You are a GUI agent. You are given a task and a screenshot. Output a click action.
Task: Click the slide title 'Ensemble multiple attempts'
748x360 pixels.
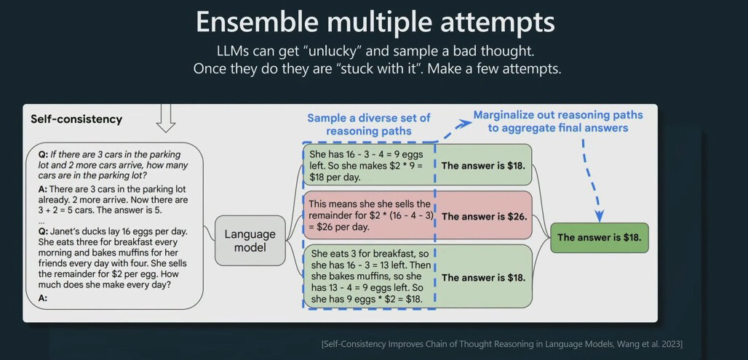click(x=375, y=23)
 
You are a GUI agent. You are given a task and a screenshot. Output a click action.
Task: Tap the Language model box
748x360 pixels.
click(x=250, y=241)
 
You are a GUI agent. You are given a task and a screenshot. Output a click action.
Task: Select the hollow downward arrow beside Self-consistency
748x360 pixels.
click(x=165, y=119)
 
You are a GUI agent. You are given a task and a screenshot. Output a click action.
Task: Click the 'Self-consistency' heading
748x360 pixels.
click(x=76, y=119)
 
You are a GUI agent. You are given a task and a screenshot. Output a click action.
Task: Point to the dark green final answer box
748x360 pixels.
click(x=599, y=238)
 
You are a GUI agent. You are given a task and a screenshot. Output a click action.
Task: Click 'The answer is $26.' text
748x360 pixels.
click(x=484, y=216)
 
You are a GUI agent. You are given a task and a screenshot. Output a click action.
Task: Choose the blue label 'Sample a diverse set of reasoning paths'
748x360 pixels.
click(x=369, y=124)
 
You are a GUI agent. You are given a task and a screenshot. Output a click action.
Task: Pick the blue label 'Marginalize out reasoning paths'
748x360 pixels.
click(x=558, y=115)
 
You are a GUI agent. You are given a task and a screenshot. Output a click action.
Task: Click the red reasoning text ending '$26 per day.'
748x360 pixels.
click(x=370, y=215)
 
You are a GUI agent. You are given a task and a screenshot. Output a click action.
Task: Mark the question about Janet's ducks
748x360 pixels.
click(x=113, y=258)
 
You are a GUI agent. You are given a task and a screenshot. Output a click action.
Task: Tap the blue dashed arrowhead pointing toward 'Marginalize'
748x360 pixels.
click(x=464, y=124)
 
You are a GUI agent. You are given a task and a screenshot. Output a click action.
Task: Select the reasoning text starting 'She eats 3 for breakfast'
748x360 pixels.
click(x=370, y=276)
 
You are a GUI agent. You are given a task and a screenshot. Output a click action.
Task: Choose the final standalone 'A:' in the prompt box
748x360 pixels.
click(x=43, y=299)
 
